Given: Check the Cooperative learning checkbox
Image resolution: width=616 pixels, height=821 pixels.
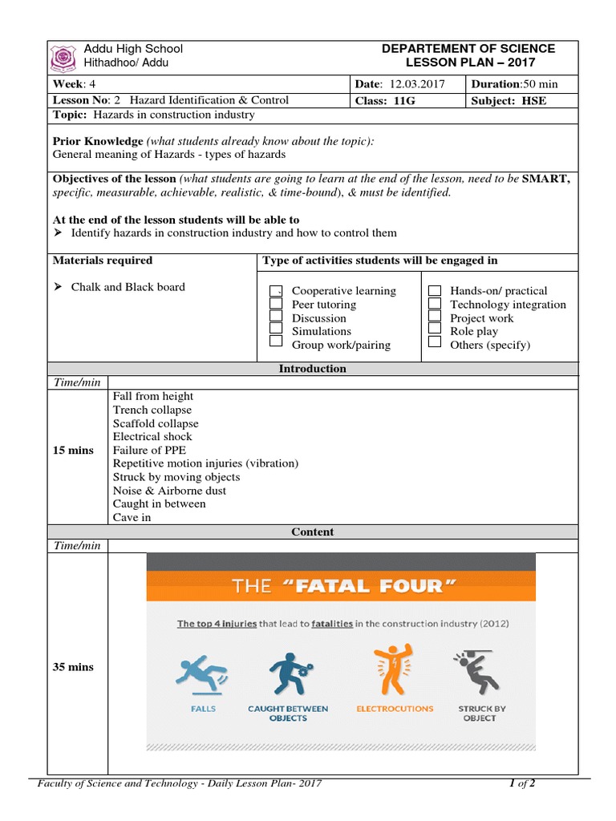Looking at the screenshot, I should pyautogui.click(x=276, y=291).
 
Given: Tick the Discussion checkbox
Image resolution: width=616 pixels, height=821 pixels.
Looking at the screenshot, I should pyautogui.click(x=276, y=318).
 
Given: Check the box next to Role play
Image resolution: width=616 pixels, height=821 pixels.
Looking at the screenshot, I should pyautogui.click(x=435, y=331).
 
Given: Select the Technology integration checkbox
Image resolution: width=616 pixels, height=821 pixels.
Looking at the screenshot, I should pyautogui.click(x=435, y=305).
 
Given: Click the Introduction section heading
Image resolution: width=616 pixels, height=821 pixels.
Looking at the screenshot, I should pyautogui.click(x=312, y=369).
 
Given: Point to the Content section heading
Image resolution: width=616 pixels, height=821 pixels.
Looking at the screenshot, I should pyautogui.click(x=312, y=532).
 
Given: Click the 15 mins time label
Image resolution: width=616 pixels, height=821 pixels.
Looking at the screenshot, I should pyautogui.click(x=73, y=451).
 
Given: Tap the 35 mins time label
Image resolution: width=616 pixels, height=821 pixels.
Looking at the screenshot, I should pyautogui.click(x=73, y=667).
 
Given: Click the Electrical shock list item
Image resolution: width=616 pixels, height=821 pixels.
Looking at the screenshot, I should pyautogui.click(x=152, y=437).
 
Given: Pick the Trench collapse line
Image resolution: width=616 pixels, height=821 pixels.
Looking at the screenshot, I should pyautogui.click(x=152, y=410).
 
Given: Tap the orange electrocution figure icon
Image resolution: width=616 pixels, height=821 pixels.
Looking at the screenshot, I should pyautogui.click(x=394, y=672).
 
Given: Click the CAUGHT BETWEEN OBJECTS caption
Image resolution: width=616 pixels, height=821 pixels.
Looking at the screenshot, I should pyautogui.click(x=288, y=714).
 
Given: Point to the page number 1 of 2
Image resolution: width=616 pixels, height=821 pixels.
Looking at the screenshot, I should pyautogui.click(x=522, y=784).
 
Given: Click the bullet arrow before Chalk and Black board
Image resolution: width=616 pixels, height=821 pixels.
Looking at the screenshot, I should pyautogui.click(x=58, y=287).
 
